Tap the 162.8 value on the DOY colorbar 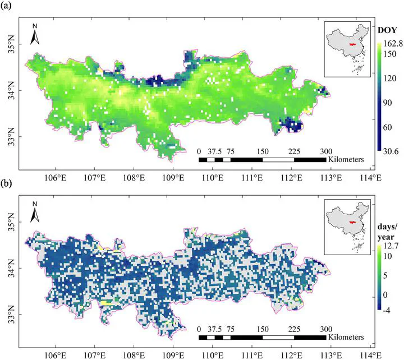tap(392, 43)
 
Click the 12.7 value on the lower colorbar tap(391, 245)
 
